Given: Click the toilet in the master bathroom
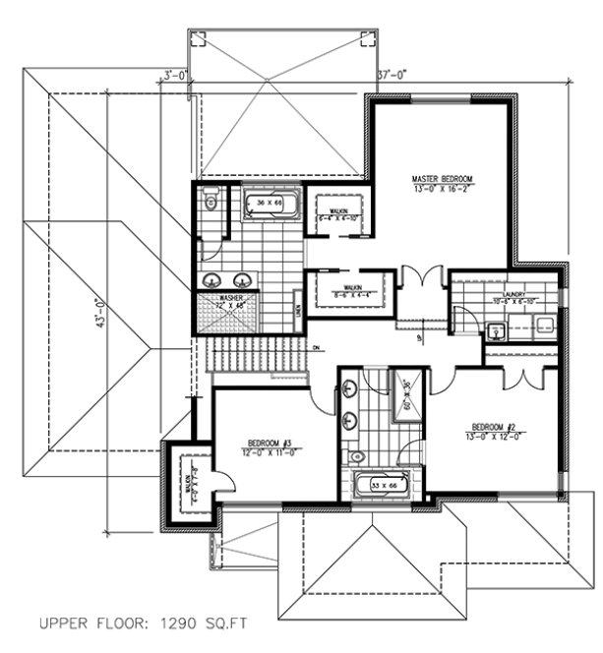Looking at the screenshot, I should pos(210,203).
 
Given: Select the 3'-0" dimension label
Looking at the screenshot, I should pos(175,74).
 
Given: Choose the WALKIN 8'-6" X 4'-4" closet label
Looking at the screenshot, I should pos(346,290).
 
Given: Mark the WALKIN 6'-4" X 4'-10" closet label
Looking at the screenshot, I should pos(339,213).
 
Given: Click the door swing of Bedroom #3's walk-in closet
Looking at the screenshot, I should pos(223,481).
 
